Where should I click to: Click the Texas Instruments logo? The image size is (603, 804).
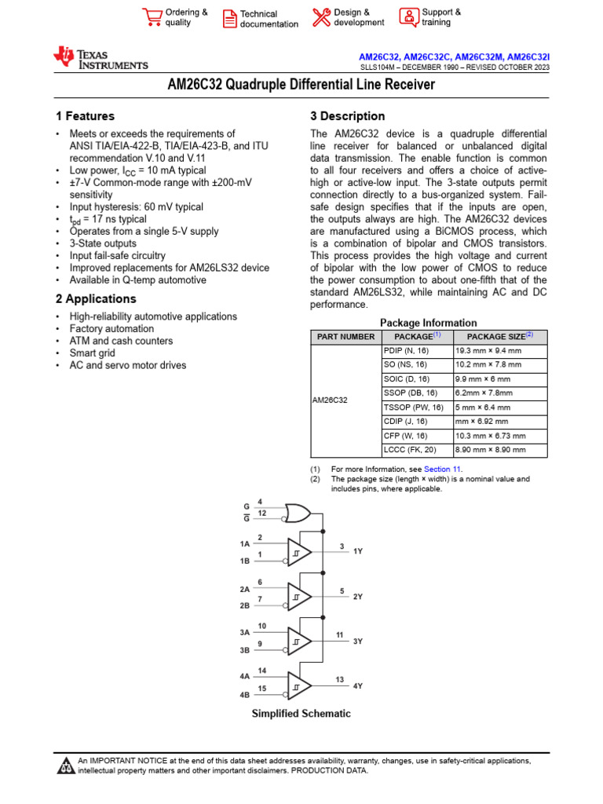coord(100,58)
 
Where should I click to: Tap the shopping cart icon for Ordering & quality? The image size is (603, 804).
coord(152,17)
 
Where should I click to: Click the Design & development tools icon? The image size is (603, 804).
coord(321,17)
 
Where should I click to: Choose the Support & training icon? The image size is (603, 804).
coord(408,17)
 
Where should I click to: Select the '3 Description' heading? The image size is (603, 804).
coord(348,116)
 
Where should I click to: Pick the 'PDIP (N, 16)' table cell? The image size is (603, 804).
coord(406,351)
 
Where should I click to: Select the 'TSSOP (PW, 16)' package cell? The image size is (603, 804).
coord(414,407)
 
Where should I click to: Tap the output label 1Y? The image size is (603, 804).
coord(358,552)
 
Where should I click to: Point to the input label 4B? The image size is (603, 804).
coord(244,695)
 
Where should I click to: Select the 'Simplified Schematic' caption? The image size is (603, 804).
coord(301,714)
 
